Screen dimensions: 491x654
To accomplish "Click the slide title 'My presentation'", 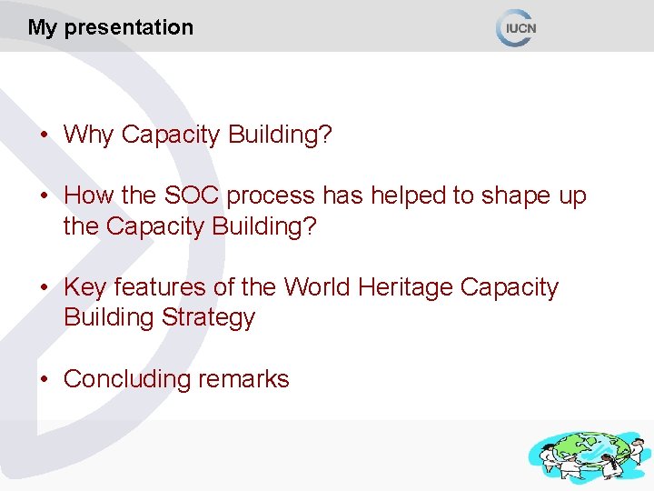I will point(110,27).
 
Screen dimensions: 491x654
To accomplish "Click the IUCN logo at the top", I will point(517,27).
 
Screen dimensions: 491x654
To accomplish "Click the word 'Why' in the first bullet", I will point(89,135).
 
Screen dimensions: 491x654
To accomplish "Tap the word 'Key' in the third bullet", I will point(84,288).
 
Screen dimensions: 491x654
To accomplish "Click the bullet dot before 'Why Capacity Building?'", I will point(44,136).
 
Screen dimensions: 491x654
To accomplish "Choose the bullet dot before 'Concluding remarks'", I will point(44,380).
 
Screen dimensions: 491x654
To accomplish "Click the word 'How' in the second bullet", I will point(88,196).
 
